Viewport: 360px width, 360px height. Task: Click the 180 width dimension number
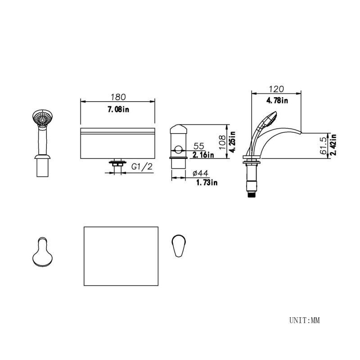(118, 97)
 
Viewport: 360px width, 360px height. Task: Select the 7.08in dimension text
(118, 109)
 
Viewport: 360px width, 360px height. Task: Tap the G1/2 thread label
(142, 166)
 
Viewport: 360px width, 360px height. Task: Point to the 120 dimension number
(276, 89)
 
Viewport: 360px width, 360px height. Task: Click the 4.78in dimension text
(277, 100)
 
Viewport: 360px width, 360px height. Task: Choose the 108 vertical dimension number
(222, 142)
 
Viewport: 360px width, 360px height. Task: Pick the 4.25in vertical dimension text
(233, 142)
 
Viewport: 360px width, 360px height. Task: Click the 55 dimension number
(199, 146)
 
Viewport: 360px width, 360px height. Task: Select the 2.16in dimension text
(203, 155)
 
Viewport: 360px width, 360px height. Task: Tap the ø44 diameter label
(200, 173)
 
